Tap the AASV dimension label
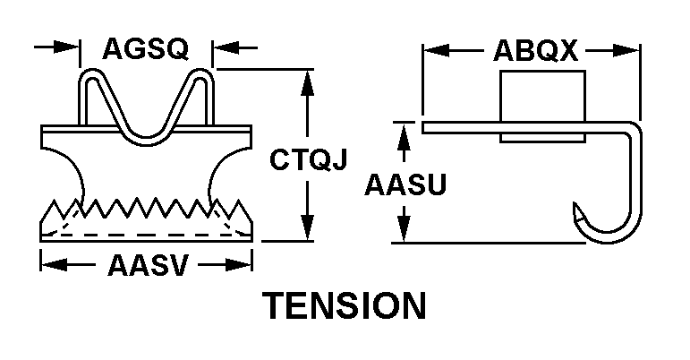(147, 265)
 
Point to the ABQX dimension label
(535, 51)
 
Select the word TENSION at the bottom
(345, 306)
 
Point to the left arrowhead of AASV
(52, 264)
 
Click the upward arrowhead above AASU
(405, 135)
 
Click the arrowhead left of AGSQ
(67, 47)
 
